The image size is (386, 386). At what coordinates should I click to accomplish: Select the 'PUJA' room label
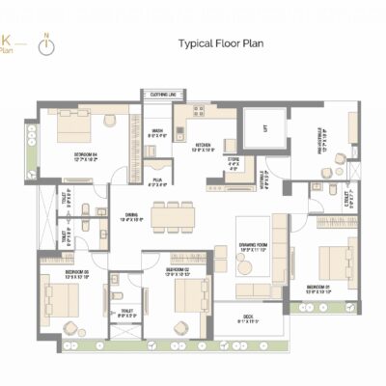coord(156,179)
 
